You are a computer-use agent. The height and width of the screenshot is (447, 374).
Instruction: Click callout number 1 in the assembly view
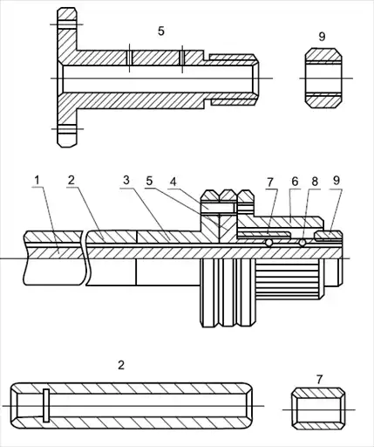[37, 181]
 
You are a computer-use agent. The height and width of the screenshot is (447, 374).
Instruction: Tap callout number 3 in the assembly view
[126, 181]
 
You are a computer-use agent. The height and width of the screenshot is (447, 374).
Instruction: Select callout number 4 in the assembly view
[173, 182]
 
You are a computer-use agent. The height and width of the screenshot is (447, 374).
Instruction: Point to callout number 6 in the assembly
[295, 182]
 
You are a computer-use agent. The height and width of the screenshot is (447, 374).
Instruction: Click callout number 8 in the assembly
[315, 182]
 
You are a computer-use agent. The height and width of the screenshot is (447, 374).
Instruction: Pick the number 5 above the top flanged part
[161, 31]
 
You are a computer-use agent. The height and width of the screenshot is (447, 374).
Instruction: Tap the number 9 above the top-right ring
[322, 37]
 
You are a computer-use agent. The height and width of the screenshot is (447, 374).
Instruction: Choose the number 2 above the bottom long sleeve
[121, 365]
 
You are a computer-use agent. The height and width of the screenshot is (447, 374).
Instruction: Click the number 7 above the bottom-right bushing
[319, 380]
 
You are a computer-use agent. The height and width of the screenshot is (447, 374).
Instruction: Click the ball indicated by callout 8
[303, 243]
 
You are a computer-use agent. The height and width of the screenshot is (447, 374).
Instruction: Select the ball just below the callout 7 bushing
[269, 243]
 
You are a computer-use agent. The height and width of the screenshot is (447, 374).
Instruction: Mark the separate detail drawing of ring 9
[323, 79]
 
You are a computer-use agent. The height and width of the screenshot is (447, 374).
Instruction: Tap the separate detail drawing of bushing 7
[318, 409]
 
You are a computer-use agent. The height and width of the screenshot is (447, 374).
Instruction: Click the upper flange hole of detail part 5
[67, 24]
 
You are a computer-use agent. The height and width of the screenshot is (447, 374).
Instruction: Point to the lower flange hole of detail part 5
[67, 129]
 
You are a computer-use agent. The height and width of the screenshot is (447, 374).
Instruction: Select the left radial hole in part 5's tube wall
[130, 58]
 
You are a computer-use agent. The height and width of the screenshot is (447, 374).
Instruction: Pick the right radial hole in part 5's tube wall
[182, 58]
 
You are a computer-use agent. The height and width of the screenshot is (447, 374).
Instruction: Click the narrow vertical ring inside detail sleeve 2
[46, 405]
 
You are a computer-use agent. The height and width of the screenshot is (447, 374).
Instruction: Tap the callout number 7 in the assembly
[270, 182]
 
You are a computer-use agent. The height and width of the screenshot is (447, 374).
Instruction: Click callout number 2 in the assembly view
[71, 181]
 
